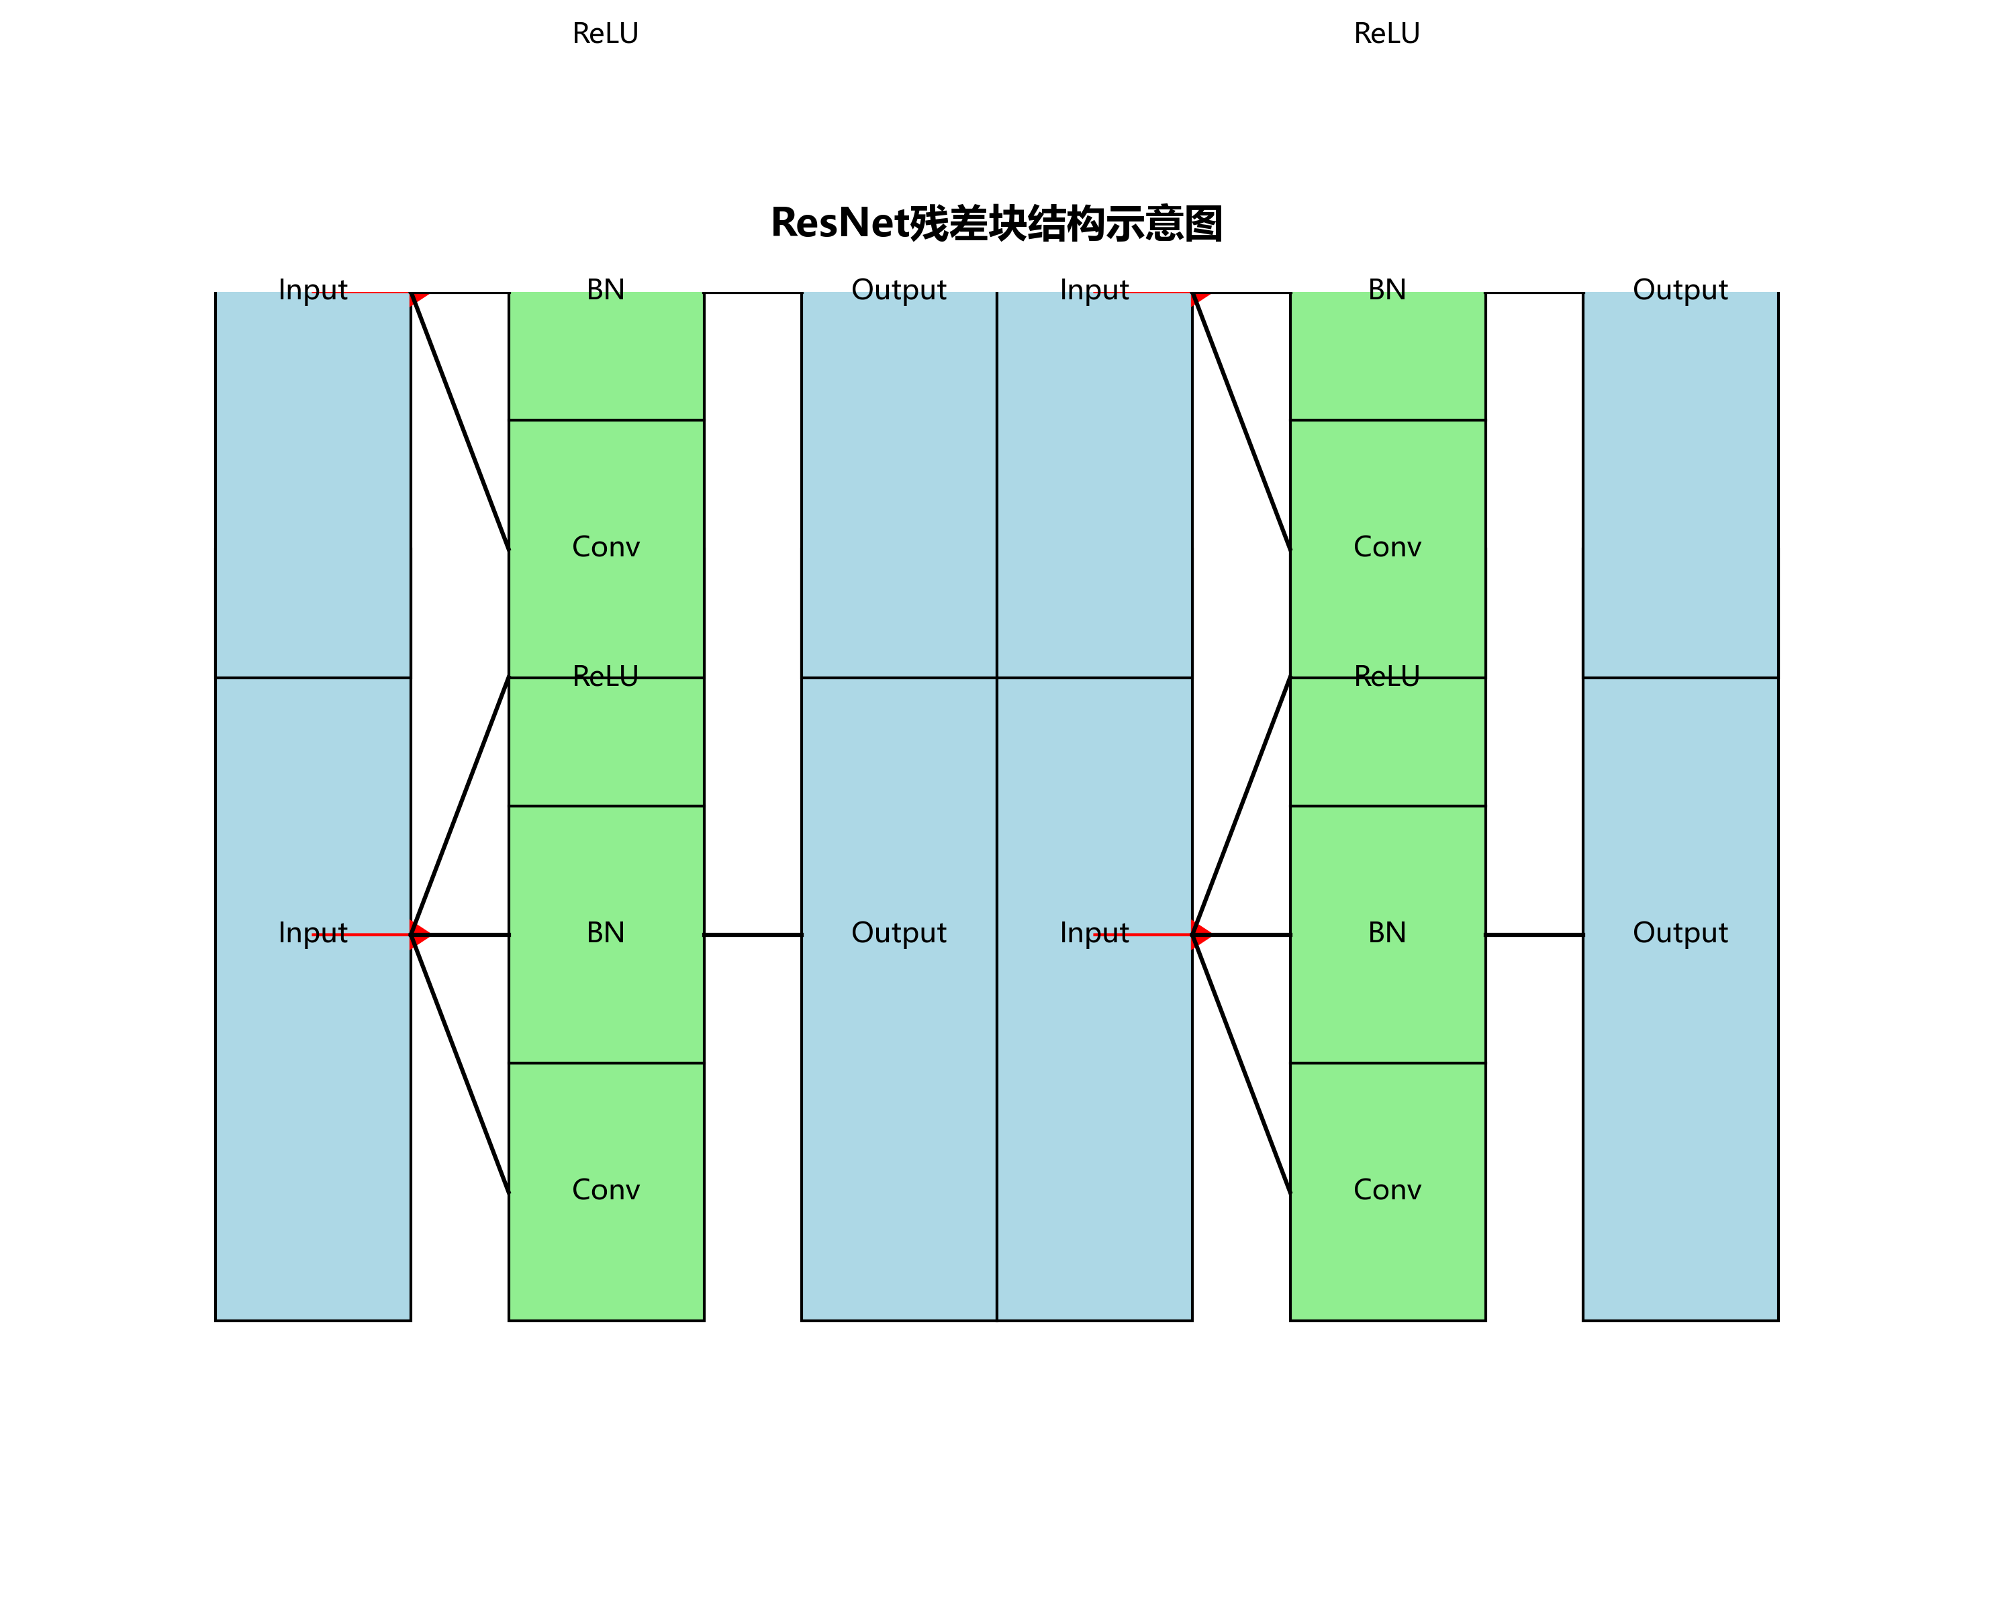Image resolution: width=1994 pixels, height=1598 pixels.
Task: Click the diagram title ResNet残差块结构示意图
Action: [x=996, y=223]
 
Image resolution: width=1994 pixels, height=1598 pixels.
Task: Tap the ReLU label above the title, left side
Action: [x=606, y=34]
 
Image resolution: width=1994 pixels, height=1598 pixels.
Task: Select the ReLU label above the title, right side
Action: [x=1386, y=34]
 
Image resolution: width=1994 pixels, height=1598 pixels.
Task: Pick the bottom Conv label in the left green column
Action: [x=606, y=1190]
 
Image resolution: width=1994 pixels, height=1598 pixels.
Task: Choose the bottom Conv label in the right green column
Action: [x=1386, y=1190]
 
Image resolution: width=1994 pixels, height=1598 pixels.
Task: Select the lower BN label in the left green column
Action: [x=606, y=933]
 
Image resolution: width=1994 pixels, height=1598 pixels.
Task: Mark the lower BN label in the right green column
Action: [x=1386, y=933]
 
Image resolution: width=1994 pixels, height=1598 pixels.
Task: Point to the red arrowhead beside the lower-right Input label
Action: [x=1201, y=935]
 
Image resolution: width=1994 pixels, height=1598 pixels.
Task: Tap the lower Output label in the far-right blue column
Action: [x=1680, y=933]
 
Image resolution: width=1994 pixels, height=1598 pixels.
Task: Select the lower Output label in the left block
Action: [x=899, y=933]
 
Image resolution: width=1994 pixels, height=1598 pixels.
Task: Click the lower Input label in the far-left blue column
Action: [x=313, y=933]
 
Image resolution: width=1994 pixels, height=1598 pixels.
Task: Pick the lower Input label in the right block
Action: [x=1094, y=933]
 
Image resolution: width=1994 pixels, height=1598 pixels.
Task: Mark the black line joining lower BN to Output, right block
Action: [x=1534, y=935]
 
